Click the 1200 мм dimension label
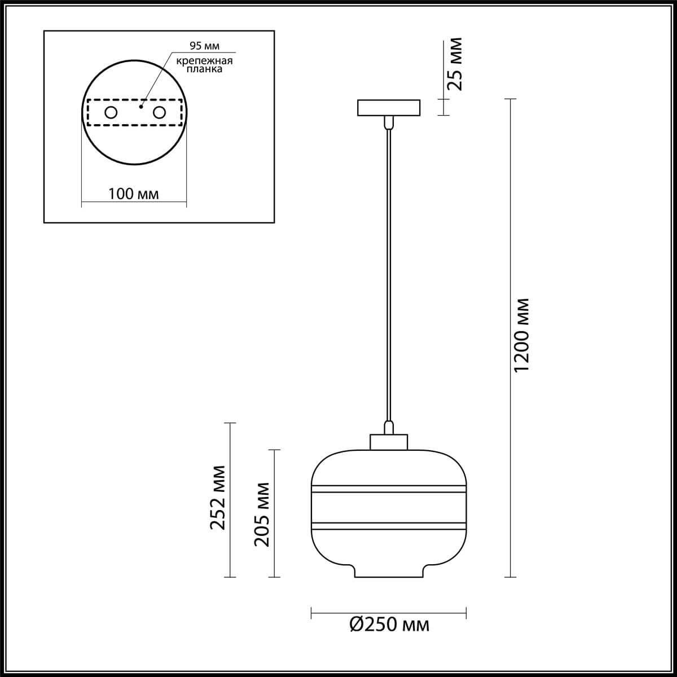coord(522,335)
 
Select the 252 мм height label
coord(218,497)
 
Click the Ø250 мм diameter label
coord(389,625)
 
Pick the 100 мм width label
coord(134,194)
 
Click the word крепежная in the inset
coord(204,61)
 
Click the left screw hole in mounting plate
coord(111,113)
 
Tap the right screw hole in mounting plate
coord(160,113)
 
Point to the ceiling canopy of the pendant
coord(389,108)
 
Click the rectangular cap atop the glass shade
coord(389,442)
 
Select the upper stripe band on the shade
coord(389,489)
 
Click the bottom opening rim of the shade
coord(389,575)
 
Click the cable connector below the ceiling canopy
coord(389,122)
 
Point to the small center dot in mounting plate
coord(141,105)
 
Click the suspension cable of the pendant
coord(389,271)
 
